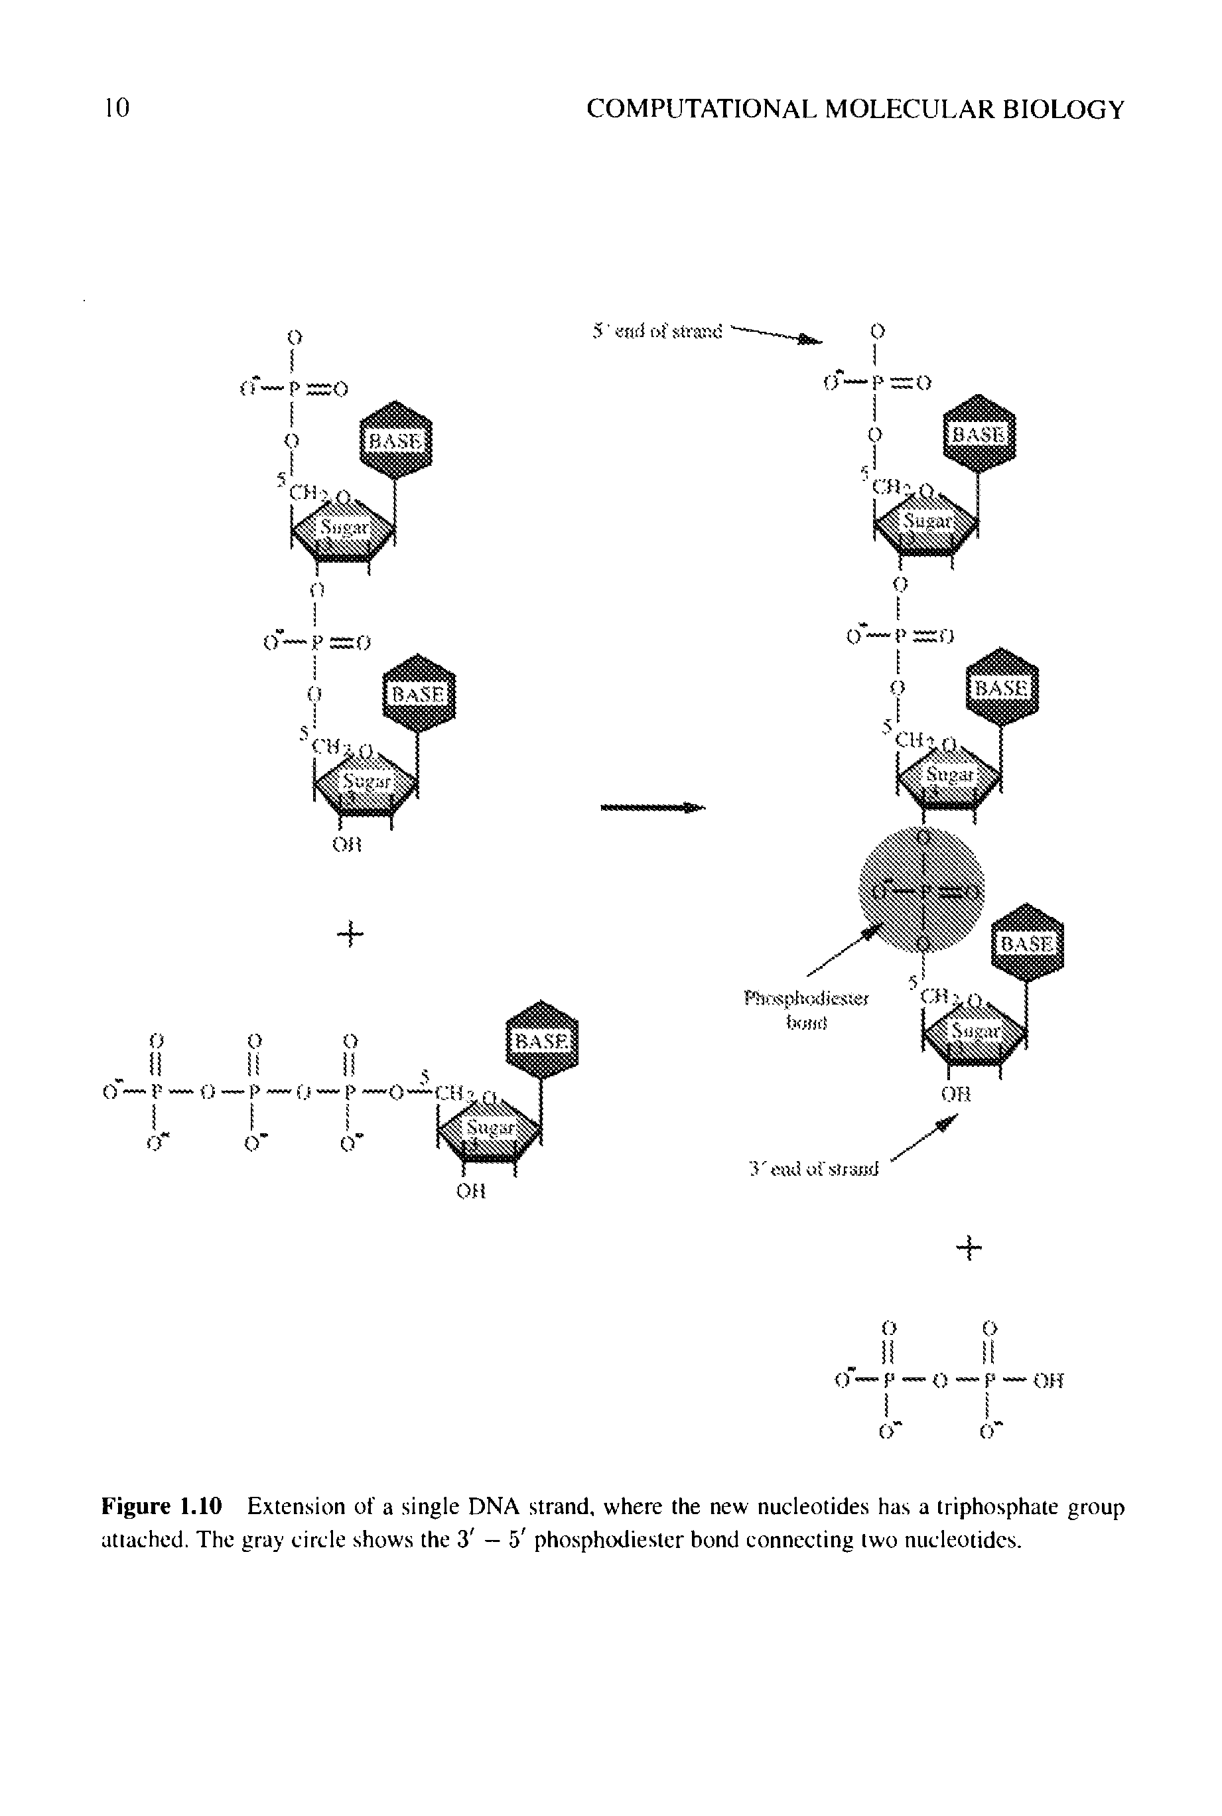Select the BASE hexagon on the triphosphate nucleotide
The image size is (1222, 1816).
543,1040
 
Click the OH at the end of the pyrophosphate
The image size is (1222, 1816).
1048,1382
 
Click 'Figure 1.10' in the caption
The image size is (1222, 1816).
162,1507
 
